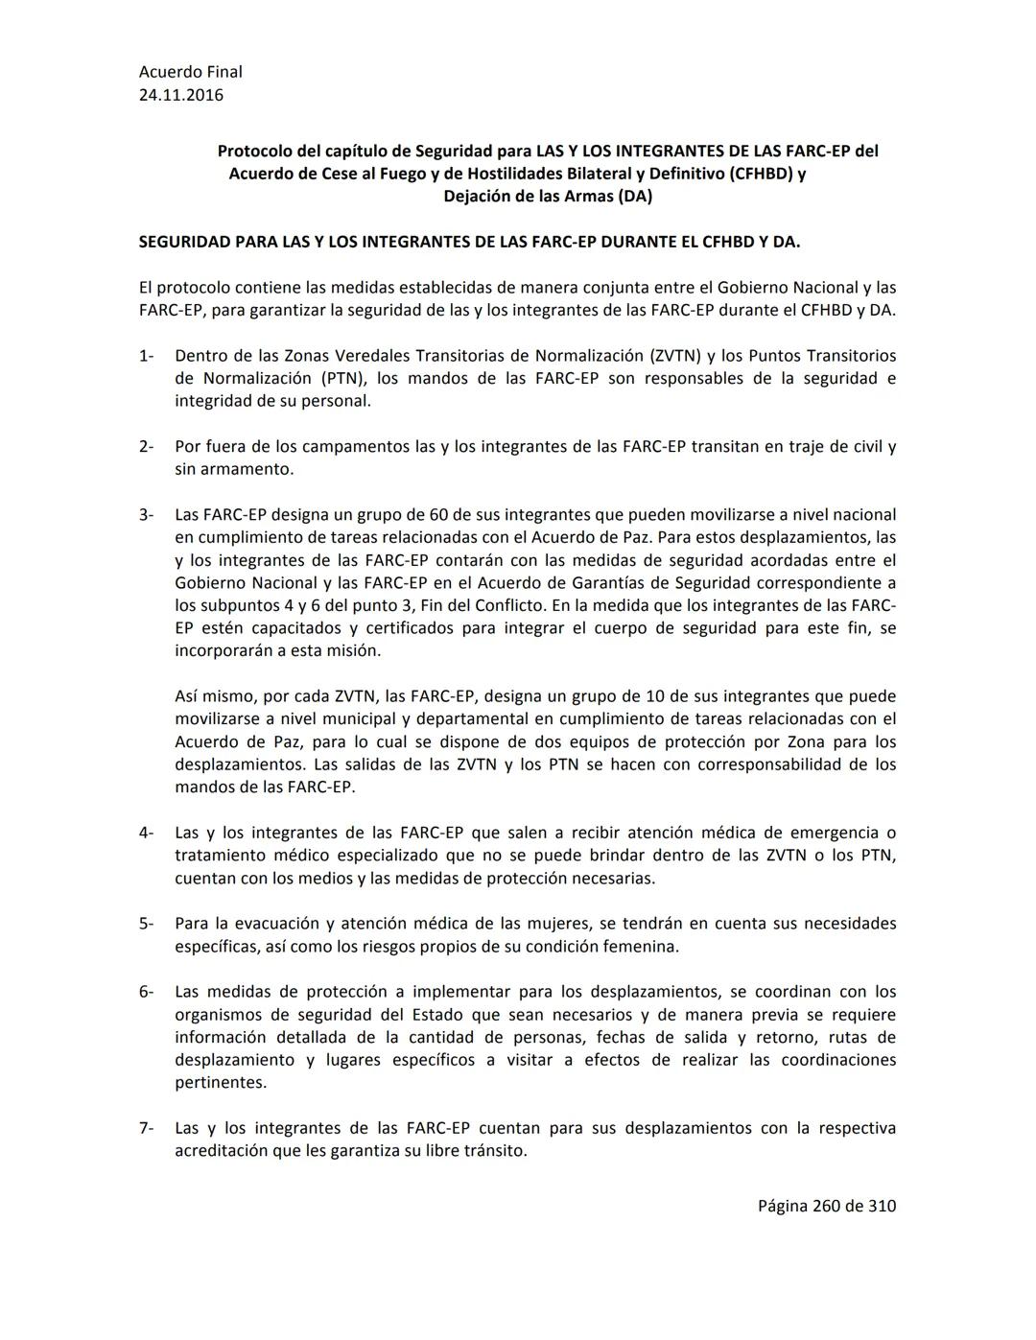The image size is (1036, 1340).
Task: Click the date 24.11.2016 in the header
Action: (x=181, y=95)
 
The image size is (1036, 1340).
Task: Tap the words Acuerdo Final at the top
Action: (x=190, y=72)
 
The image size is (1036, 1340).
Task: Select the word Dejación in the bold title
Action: (x=476, y=197)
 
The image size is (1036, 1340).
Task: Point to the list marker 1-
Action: (x=146, y=356)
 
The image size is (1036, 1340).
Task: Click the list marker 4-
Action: (x=146, y=833)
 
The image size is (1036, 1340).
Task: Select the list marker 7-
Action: (x=146, y=1128)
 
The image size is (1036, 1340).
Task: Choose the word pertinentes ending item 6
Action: (x=221, y=1083)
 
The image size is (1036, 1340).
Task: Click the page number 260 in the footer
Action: (x=826, y=1206)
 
